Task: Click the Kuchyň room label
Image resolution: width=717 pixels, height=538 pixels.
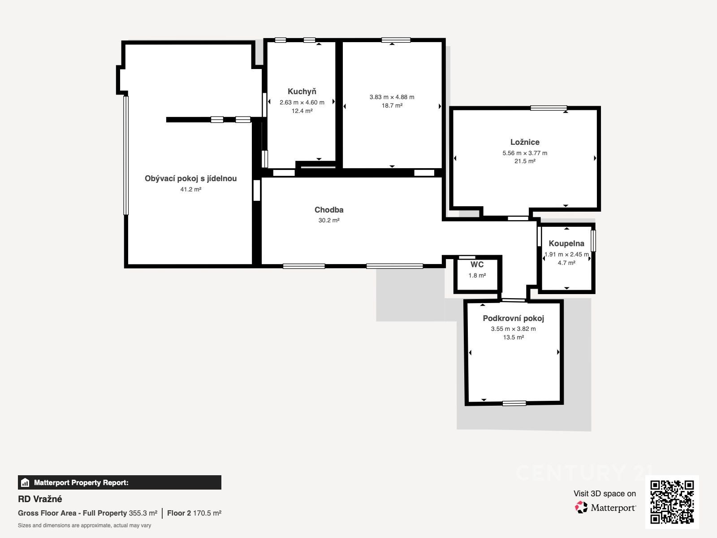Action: (302, 91)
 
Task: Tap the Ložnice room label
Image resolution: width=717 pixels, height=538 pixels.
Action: (525, 142)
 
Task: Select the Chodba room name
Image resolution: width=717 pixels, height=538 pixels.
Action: (328, 210)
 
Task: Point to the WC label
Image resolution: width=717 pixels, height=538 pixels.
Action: (477, 265)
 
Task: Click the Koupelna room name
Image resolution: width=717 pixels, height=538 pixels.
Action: (566, 243)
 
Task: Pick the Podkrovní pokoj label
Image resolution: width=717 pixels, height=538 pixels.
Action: (513, 318)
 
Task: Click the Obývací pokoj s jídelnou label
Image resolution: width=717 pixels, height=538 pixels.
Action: (190, 178)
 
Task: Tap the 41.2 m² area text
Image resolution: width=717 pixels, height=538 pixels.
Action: (190, 190)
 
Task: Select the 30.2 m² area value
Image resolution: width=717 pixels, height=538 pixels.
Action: (328, 221)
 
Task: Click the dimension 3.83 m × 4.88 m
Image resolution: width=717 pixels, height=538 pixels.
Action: (392, 97)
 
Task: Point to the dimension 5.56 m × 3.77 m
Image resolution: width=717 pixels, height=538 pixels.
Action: (525, 153)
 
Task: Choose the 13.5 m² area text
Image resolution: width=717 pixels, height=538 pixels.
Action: (513, 338)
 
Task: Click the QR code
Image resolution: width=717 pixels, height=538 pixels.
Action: (672, 502)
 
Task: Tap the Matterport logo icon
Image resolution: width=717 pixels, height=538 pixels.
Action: (581, 508)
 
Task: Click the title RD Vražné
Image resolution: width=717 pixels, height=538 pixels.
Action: (40, 499)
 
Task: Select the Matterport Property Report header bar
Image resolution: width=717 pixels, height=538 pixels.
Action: (120, 482)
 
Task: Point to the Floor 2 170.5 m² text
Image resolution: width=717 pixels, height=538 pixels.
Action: (194, 513)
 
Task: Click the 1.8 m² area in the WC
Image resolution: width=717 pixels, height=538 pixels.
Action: (477, 276)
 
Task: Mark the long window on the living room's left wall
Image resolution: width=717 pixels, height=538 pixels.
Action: (126, 155)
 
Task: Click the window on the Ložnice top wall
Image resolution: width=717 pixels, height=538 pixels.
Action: (549, 108)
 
